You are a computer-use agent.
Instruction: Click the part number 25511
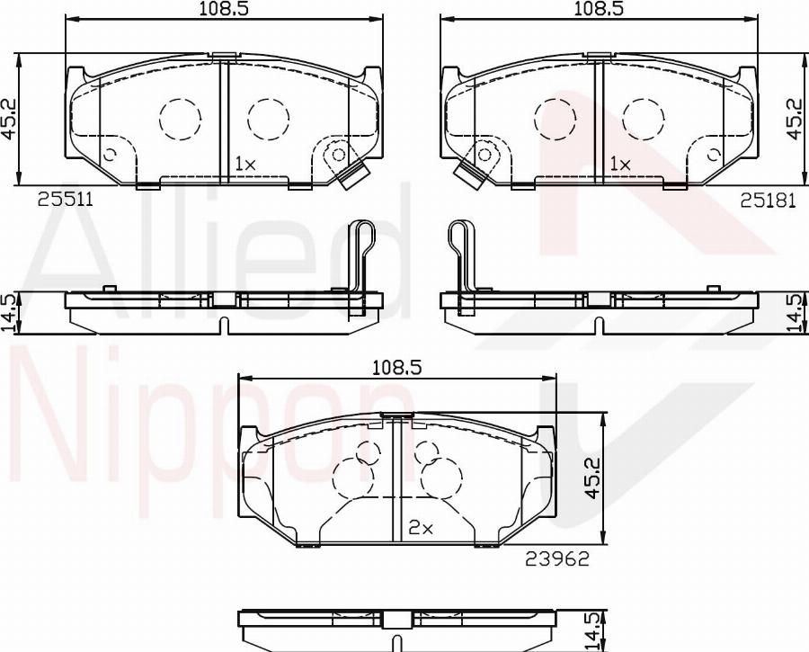coord(66,200)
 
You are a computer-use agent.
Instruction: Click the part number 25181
coord(769,201)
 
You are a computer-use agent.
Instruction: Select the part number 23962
coord(557,558)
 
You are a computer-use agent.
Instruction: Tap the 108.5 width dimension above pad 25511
coord(225,9)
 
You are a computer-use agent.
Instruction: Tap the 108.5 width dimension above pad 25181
coord(600,9)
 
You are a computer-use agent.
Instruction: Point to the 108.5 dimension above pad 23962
coord(397,368)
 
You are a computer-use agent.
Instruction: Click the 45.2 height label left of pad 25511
coord(8,120)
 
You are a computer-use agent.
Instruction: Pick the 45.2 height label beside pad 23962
coord(593,478)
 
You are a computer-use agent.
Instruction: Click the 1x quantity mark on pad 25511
coord(245,165)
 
